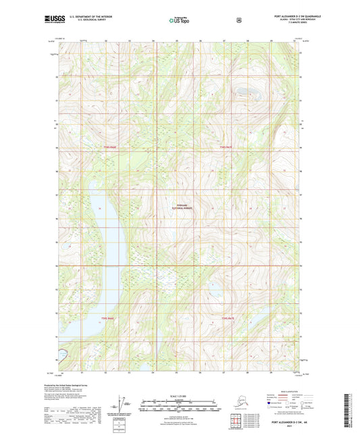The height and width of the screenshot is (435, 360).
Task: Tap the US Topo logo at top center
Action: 180,20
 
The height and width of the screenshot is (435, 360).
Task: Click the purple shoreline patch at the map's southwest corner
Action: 63,353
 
